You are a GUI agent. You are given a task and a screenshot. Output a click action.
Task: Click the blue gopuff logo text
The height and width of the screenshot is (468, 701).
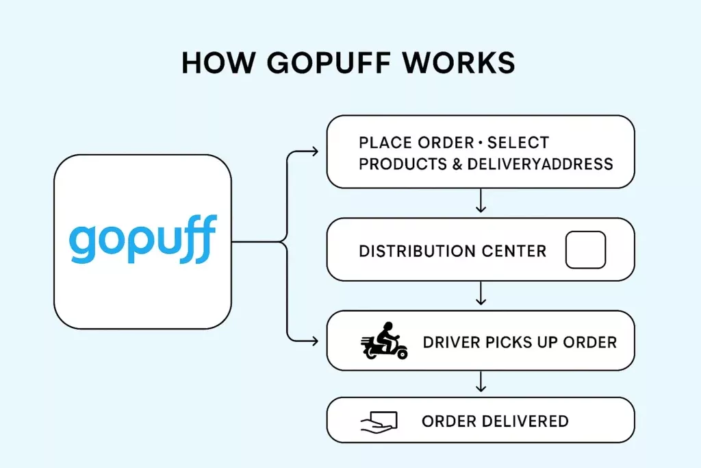143,241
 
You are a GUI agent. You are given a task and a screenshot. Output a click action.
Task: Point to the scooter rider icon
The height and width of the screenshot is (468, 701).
384,341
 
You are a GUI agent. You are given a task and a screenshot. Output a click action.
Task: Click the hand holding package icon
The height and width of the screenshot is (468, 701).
379,421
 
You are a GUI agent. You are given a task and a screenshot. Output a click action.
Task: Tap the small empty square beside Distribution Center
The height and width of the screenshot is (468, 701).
585,250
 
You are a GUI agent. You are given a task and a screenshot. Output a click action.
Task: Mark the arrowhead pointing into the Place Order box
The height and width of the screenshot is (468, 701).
315,151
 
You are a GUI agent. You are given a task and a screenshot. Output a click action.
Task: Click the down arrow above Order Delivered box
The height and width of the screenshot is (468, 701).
481,384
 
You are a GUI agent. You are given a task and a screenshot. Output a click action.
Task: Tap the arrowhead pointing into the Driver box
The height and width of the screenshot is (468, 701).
315,340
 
